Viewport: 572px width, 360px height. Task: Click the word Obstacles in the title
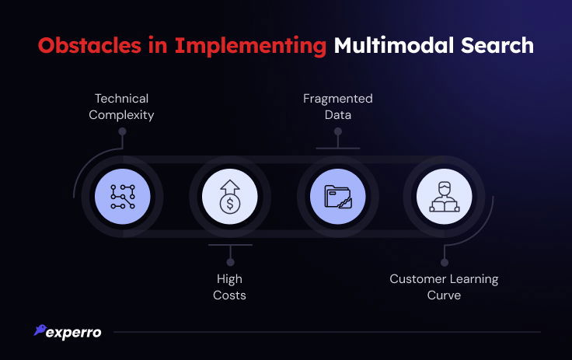(89, 46)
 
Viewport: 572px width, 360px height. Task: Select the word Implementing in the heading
(250, 47)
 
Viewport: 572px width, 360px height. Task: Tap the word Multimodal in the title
(394, 45)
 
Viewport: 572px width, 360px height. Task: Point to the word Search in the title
(497, 45)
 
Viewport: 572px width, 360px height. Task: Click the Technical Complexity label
(121, 107)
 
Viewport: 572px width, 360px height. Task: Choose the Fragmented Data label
(338, 107)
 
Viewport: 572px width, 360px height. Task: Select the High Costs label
(229, 287)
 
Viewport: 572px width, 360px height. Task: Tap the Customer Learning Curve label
(444, 287)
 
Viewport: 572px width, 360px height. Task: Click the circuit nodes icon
(123, 197)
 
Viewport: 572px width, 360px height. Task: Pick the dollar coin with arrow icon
(230, 197)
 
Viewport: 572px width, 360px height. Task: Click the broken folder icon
(338, 197)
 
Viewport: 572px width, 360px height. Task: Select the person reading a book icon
(444, 197)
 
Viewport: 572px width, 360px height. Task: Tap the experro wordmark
(73, 333)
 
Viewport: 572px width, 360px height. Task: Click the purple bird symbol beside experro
(40, 330)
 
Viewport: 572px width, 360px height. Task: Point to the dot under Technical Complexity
(123, 131)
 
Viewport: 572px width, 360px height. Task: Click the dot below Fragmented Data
(338, 131)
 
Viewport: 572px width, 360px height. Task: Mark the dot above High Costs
(230, 262)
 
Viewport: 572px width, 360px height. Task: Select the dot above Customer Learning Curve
(445, 262)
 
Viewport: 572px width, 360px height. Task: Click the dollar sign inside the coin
(230, 204)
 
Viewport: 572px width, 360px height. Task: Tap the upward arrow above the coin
(230, 187)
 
